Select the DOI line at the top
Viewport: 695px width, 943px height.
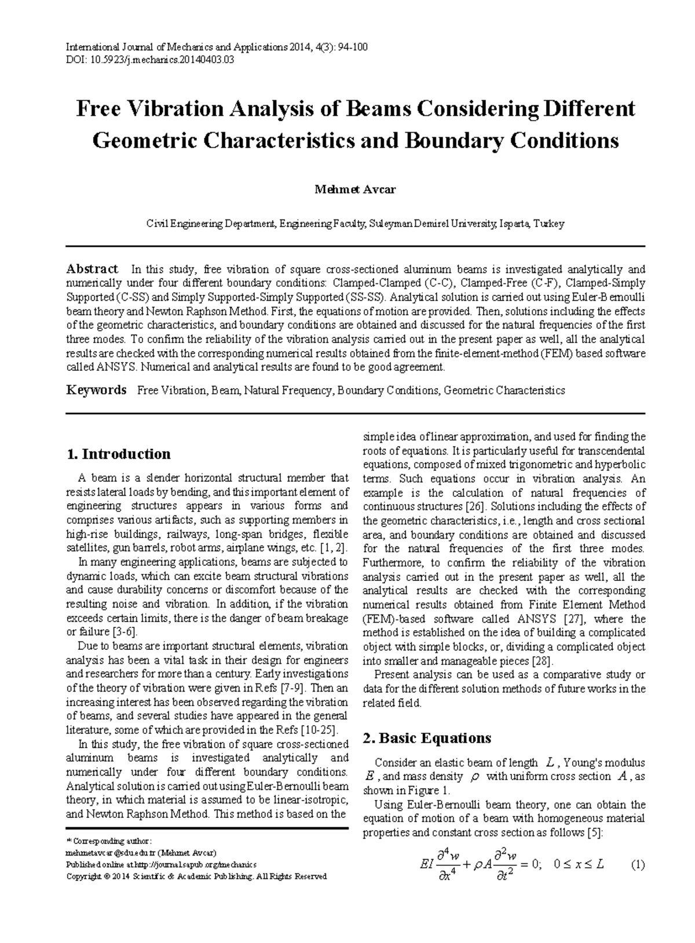click(151, 59)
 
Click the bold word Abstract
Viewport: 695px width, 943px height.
click(92, 269)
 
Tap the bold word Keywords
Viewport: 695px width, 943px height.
click(96, 390)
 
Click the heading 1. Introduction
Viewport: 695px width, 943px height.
click(119, 454)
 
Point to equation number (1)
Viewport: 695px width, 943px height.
click(638, 865)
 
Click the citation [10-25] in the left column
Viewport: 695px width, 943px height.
click(319, 730)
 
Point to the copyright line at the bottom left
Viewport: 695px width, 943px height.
click(197, 876)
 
